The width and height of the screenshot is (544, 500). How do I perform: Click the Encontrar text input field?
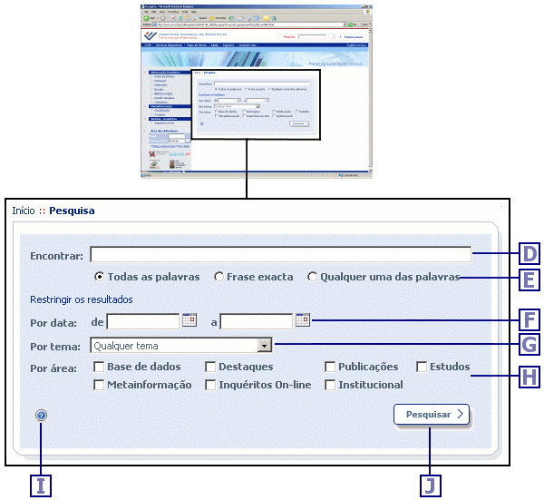(280, 255)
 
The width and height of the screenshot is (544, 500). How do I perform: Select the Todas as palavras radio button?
(100, 277)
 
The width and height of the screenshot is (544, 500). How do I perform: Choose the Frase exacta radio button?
(219, 277)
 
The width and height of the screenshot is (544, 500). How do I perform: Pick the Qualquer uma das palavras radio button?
(313, 277)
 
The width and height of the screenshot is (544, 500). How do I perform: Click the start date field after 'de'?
(143, 321)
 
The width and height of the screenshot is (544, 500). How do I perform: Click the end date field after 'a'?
(257, 321)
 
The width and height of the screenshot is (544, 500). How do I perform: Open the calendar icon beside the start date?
(189, 320)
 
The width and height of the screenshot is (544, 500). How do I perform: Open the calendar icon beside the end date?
(303, 320)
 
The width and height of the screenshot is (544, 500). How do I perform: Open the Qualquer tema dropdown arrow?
(264, 346)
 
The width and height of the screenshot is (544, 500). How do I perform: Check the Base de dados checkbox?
(99, 368)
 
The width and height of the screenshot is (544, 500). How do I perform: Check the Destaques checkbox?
(210, 368)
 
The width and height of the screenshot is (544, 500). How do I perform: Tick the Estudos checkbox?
(422, 368)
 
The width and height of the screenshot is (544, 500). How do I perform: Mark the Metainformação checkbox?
(99, 385)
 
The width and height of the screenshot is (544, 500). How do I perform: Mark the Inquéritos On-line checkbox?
(210, 385)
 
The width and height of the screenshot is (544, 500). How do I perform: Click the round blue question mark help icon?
(42, 416)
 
